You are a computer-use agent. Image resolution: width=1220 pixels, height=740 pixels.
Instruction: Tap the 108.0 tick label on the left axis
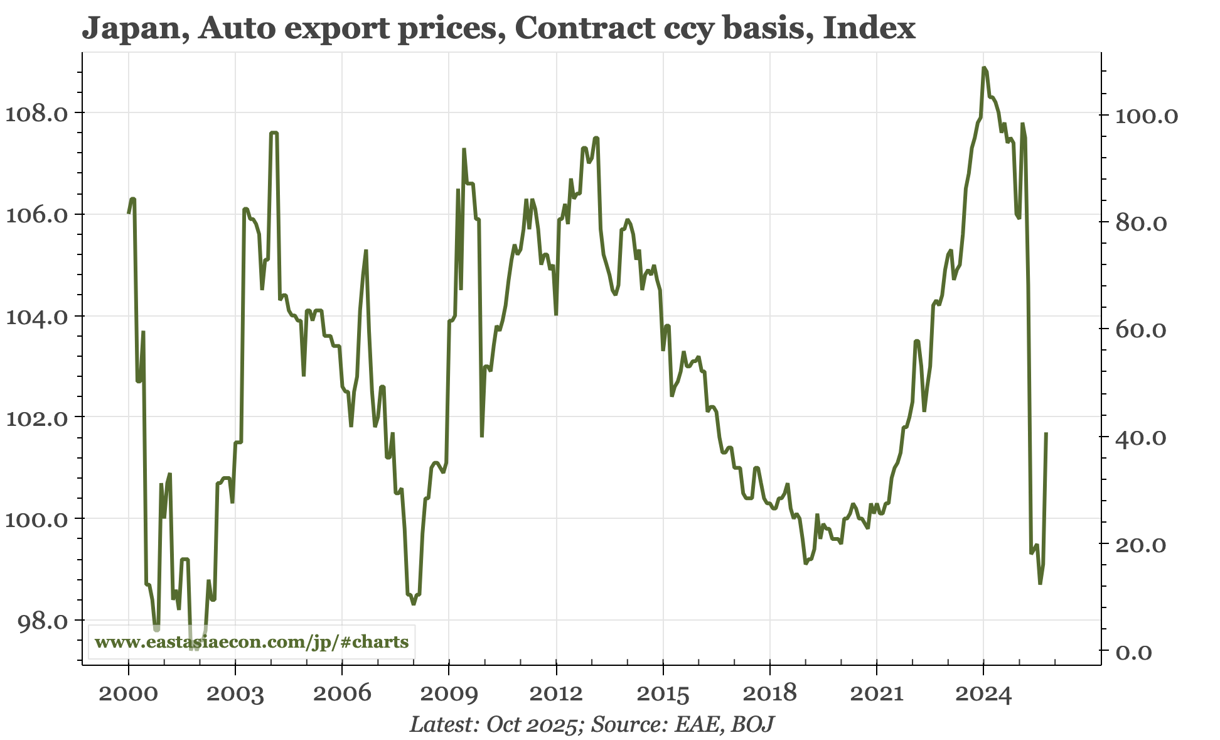pyautogui.click(x=36, y=114)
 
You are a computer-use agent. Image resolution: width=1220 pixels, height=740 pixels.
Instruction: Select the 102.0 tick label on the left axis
pyautogui.click(x=36, y=418)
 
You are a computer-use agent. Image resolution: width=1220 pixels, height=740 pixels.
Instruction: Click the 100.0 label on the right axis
pyautogui.click(x=1146, y=116)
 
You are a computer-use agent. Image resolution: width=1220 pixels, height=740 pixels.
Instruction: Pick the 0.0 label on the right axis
pyautogui.click(x=1133, y=653)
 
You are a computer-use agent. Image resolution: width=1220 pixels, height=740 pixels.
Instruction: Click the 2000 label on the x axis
pyautogui.click(x=129, y=694)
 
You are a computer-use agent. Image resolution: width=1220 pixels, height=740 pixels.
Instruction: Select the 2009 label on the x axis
pyautogui.click(x=449, y=694)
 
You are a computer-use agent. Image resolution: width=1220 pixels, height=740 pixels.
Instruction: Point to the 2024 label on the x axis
pyautogui.click(x=983, y=694)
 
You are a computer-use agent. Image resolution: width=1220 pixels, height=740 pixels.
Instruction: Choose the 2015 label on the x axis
pyautogui.click(x=663, y=694)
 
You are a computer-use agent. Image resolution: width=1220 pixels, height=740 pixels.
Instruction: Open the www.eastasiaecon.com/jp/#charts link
pyautogui.click(x=252, y=642)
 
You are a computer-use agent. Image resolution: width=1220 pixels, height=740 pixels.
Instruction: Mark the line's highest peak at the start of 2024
pyautogui.click(x=983, y=68)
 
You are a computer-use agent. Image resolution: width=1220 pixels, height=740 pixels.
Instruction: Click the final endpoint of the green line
pyautogui.click(x=1046, y=433)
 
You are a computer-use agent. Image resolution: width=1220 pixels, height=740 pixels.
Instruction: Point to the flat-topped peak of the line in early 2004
pyautogui.click(x=274, y=133)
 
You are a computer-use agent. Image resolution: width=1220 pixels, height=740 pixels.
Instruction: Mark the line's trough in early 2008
pyautogui.click(x=414, y=604)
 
